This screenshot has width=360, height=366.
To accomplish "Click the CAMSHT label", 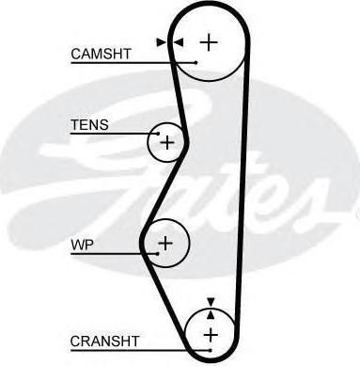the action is (x=101, y=54).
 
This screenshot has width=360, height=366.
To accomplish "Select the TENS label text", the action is (x=89, y=125).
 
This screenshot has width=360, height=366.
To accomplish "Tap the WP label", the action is (x=83, y=245).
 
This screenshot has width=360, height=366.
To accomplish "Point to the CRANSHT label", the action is (x=104, y=342).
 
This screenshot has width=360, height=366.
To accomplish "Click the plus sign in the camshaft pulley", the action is (x=209, y=42).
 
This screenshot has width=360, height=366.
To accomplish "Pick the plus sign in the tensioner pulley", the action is (x=167, y=143).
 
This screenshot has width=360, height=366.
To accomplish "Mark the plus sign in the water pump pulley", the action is (x=165, y=243).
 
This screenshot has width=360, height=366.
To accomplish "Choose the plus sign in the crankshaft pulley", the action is (x=211, y=335).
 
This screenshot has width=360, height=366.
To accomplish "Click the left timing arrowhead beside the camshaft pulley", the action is (x=162, y=42).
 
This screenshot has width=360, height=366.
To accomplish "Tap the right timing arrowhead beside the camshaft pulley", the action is (x=178, y=42).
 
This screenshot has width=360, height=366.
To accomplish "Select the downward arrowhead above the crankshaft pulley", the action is (x=211, y=302).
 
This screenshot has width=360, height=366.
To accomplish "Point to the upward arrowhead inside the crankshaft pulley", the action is (x=211, y=314).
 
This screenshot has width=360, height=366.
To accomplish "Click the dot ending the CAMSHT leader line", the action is (x=196, y=63).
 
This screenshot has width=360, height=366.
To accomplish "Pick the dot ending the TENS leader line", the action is (x=159, y=134).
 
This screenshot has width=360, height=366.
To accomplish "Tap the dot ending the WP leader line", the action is (x=158, y=253).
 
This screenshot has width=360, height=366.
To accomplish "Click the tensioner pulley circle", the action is (x=148, y=143).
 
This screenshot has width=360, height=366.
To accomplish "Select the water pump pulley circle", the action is (x=190, y=243).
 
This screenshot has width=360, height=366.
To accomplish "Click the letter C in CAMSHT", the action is (x=76, y=54).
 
